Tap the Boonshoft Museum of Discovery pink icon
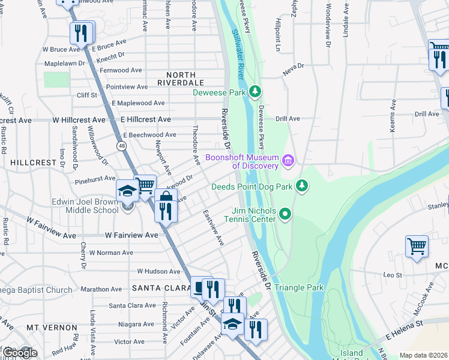click(288, 160)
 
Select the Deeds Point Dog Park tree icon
click(303, 186)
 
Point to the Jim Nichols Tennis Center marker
click(286, 213)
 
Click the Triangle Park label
click(299, 287)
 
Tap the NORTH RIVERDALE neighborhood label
click(181, 82)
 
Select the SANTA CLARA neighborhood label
click(159, 288)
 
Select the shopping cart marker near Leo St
click(417, 246)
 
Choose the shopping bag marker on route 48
click(166, 199)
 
